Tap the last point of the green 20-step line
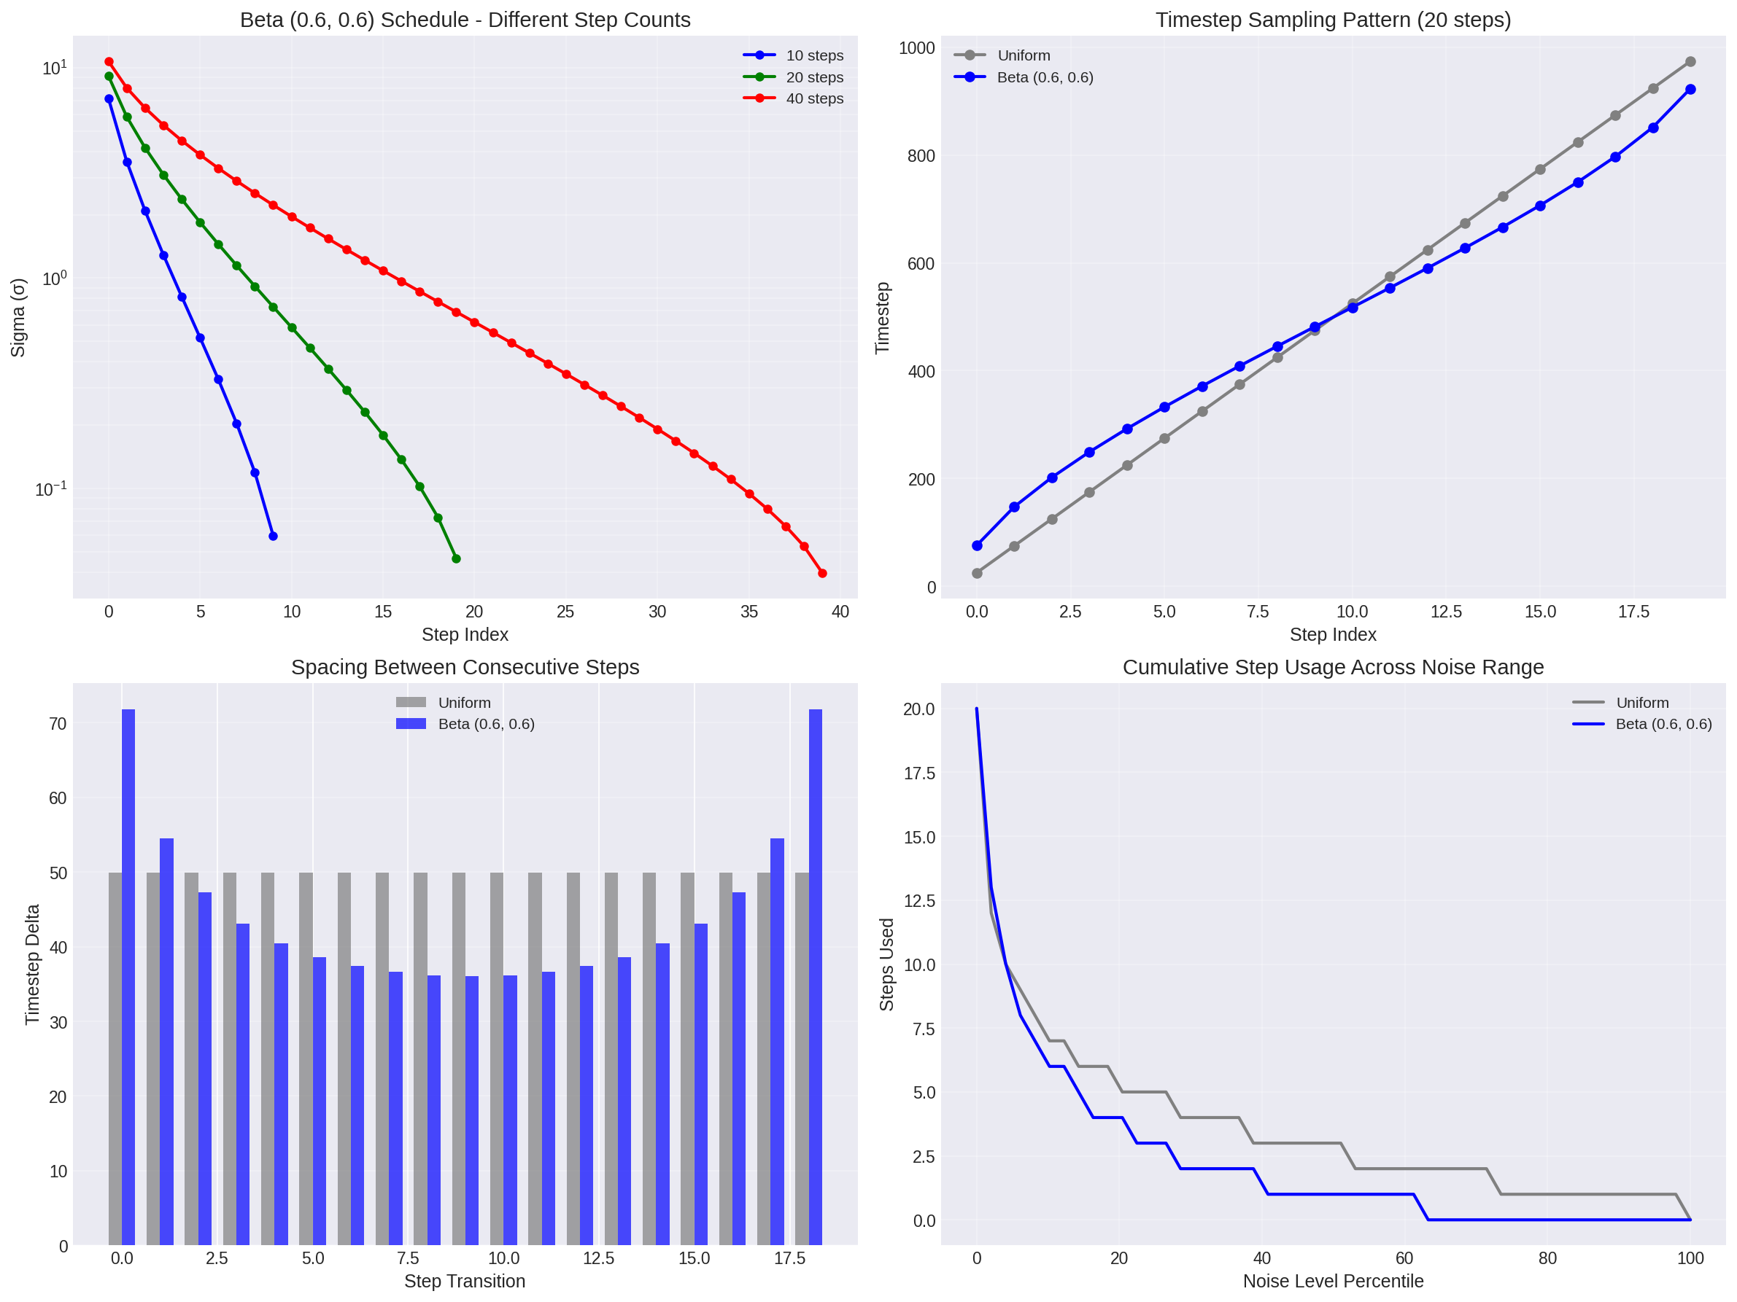tap(456, 559)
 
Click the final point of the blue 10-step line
tap(274, 536)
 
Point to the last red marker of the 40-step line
tap(822, 574)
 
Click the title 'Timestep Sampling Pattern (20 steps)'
tap(1333, 20)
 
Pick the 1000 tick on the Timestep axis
tap(916, 49)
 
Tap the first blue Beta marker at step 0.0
tap(977, 545)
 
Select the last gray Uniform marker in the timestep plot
tap(1690, 62)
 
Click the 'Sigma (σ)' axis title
tap(18, 317)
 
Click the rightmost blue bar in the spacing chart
tap(816, 976)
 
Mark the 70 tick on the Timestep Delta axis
tap(58, 725)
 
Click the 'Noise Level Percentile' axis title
tap(1333, 1281)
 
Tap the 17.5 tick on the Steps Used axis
tap(918, 773)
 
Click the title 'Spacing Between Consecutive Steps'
tap(465, 667)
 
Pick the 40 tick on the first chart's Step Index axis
tap(840, 612)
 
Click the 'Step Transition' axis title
tap(465, 1281)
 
